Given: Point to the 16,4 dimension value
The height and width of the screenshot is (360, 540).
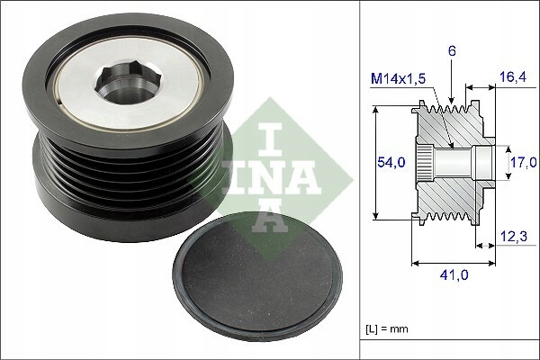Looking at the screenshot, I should (x=512, y=78).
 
